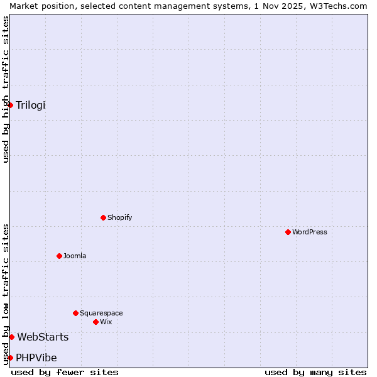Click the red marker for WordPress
(288, 232)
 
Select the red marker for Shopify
(103, 217)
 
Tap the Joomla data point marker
(59, 256)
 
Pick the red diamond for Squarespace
(75, 313)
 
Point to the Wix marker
(96, 322)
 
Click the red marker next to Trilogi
(11, 105)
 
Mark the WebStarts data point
(11, 337)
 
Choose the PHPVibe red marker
(11, 358)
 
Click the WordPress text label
(310, 232)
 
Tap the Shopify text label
(119, 217)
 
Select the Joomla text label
(75, 256)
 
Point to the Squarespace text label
(101, 313)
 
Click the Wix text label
(106, 322)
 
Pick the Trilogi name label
(31, 105)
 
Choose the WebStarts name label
(43, 337)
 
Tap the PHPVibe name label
(36, 358)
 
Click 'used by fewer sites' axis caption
(65, 372)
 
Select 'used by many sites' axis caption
(315, 372)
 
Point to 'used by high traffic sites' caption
(6, 89)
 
